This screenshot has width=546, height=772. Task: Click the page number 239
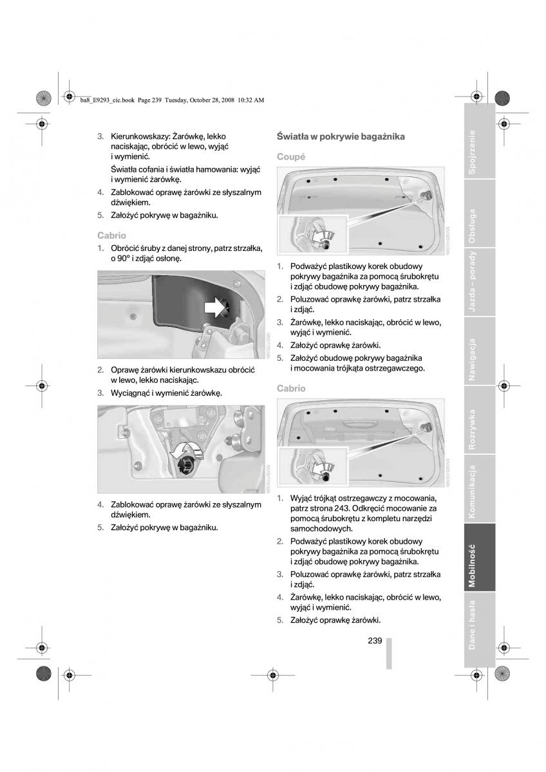[375, 641]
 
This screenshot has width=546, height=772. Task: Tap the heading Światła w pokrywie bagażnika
[340, 136]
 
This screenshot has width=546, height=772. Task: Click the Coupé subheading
[291, 156]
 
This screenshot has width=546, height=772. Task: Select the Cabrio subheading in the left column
[111, 235]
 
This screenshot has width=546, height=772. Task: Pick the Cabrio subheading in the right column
[291, 389]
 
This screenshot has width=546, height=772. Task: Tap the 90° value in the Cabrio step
[118, 258]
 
